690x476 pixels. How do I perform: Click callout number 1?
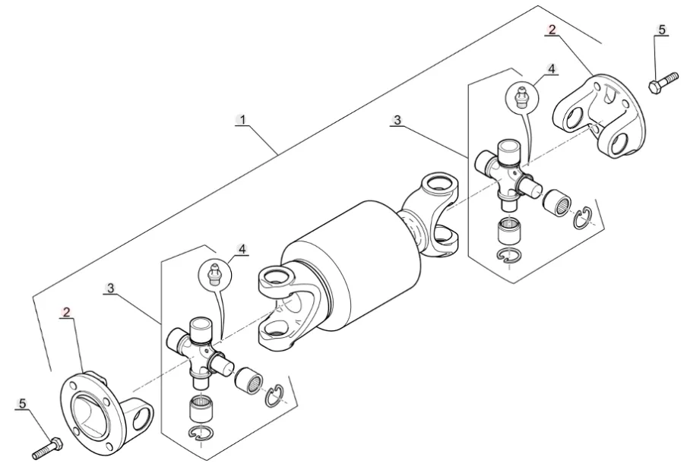pyautogui.click(x=242, y=119)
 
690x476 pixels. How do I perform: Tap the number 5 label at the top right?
pyautogui.click(x=662, y=30)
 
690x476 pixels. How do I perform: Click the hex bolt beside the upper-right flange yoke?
pyautogui.click(x=663, y=82)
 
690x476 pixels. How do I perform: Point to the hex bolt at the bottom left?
pyautogui.click(x=48, y=448)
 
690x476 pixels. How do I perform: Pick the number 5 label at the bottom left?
pyautogui.click(x=23, y=403)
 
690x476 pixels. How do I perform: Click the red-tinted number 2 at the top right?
pyautogui.click(x=552, y=30)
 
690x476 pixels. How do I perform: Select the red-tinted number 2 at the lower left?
pyautogui.click(x=66, y=313)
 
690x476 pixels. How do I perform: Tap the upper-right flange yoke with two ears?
pyautogui.click(x=600, y=115)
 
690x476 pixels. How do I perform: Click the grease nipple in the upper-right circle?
pyautogui.click(x=521, y=97)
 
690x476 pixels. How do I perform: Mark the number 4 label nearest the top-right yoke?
pyautogui.click(x=552, y=69)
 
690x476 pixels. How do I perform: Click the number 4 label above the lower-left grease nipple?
pyautogui.click(x=242, y=249)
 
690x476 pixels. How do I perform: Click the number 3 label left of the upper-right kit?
pyautogui.click(x=397, y=120)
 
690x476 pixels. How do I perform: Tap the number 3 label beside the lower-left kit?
pyautogui.click(x=110, y=288)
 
